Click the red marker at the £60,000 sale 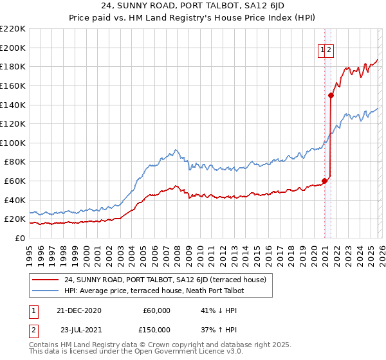pos(324,181)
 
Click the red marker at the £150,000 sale pos(331,95)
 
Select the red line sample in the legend pos(46,280)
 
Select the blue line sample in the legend pos(46,291)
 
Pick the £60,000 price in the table pos(156,310)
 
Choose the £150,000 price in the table pos(154,330)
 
